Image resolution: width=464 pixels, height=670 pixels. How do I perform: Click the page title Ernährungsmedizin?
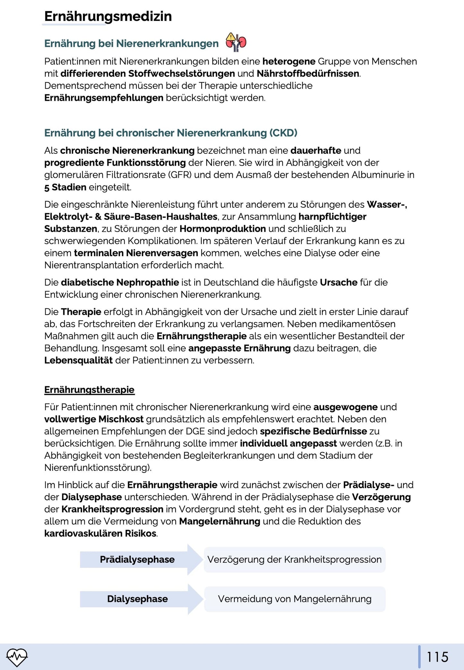[x=108, y=16]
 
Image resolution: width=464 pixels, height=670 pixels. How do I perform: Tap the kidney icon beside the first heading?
[x=236, y=42]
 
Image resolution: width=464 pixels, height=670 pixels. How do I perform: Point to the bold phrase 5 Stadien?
[x=65, y=187]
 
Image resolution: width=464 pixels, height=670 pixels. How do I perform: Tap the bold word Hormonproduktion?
[x=223, y=229]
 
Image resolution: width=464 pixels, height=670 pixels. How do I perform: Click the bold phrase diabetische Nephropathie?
[x=120, y=283]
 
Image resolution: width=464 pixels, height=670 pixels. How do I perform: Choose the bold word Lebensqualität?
[x=78, y=361]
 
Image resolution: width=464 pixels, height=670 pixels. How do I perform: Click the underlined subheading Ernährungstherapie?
[x=89, y=390]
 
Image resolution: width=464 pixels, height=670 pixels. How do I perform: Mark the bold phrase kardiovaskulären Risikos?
[x=101, y=534]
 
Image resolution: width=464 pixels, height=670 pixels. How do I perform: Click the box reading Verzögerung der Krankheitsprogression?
[x=294, y=560]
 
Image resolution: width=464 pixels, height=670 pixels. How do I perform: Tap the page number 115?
[x=437, y=657]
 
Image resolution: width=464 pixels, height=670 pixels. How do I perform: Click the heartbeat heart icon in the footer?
[x=17, y=657]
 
